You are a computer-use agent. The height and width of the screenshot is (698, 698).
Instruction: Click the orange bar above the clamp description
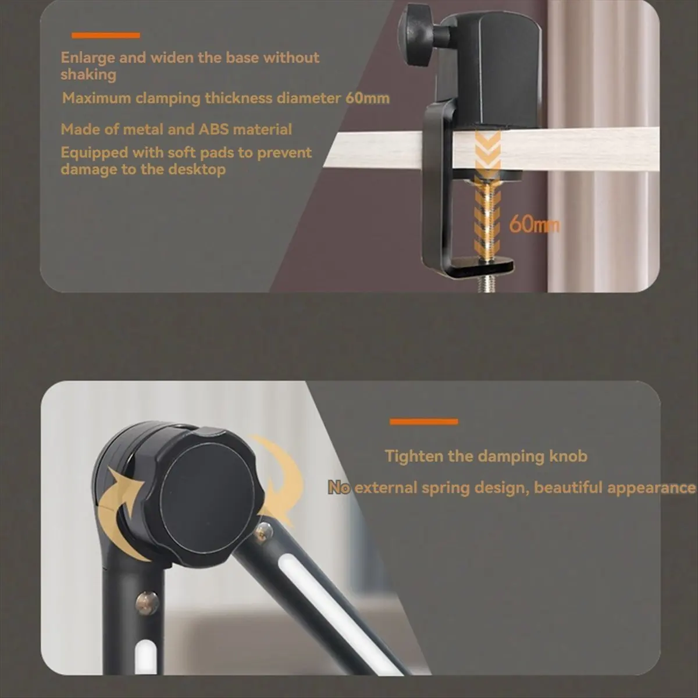[x=106, y=35]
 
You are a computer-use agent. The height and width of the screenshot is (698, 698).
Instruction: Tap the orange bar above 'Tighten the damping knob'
[x=424, y=422]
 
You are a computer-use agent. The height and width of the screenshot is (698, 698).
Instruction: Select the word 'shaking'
[x=88, y=74]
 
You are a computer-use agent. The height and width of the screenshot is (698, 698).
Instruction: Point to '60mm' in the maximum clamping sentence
[x=367, y=98]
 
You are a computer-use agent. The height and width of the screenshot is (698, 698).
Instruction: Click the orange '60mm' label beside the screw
[x=535, y=225]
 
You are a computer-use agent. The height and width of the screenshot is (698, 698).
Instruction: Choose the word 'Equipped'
[x=94, y=153]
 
